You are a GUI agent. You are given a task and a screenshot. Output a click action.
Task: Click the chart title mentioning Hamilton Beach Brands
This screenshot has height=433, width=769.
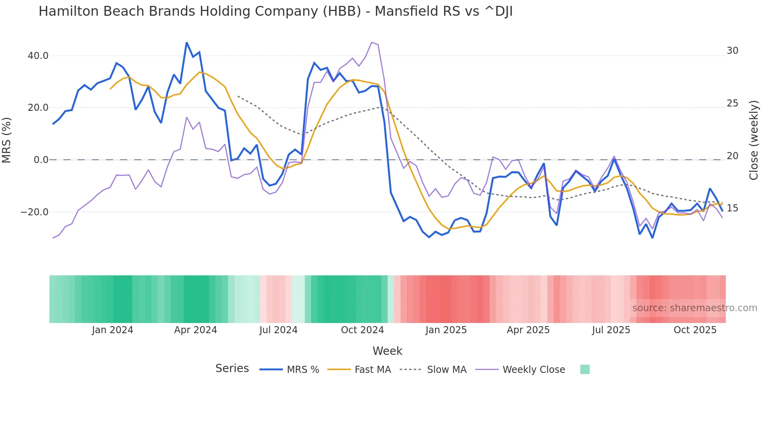(x=275, y=11)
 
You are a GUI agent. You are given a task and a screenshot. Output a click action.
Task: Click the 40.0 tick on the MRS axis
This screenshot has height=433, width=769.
(x=38, y=56)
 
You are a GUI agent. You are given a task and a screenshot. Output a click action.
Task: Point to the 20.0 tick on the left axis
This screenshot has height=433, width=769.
(x=38, y=108)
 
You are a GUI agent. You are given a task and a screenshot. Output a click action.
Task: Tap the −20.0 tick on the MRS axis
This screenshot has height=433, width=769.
(x=35, y=212)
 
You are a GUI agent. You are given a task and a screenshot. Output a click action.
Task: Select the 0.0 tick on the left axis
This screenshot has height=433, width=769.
(x=41, y=160)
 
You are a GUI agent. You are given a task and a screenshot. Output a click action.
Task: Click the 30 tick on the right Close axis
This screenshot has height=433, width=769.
(x=732, y=51)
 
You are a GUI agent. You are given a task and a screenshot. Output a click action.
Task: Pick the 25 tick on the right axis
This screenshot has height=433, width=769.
(x=732, y=103)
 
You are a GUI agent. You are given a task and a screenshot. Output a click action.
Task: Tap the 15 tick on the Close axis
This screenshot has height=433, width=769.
(x=732, y=208)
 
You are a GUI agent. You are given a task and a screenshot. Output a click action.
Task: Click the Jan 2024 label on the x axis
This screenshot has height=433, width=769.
(x=113, y=330)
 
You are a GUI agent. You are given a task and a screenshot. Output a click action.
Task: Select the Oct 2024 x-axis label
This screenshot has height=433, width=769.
(x=362, y=330)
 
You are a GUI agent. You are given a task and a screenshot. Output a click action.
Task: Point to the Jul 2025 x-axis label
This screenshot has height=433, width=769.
(x=611, y=330)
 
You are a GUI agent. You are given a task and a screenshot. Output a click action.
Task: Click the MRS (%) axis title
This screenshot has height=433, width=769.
(x=7, y=140)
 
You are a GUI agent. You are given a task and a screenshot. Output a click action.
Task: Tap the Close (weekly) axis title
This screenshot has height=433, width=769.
(x=754, y=140)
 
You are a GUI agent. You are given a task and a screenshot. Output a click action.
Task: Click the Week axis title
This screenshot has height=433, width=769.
(x=387, y=351)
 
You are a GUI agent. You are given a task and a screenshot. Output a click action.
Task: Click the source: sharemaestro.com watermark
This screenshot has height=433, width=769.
(x=694, y=308)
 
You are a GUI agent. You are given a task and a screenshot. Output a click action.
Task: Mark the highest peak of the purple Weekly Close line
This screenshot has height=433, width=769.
(x=372, y=42)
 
